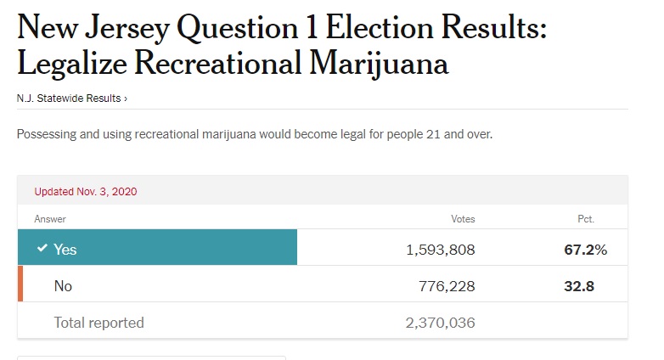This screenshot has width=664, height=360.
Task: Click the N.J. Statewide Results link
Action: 71,98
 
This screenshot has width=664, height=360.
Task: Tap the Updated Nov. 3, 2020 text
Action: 85,192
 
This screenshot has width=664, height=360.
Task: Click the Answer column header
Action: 50,219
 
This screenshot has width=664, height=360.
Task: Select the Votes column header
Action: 463,219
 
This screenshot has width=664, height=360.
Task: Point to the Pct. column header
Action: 585,219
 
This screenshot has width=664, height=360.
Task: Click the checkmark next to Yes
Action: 42,248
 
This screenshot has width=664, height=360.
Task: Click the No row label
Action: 63,286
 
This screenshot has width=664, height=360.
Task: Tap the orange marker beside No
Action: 20,284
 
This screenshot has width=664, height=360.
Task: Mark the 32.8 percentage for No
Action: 579,286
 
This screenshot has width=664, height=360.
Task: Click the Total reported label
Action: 98,323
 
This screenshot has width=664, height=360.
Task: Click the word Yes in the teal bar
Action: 65,250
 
